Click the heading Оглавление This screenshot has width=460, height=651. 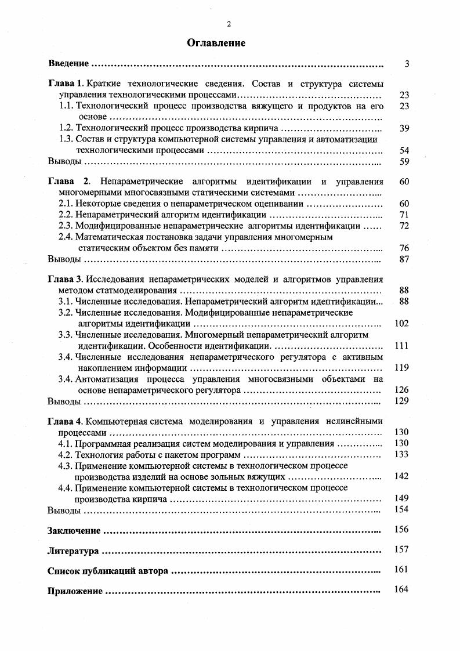(216, 43)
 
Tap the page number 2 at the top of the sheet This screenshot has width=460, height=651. (229, 23)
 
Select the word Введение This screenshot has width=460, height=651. (68, 63)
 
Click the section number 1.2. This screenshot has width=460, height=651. (67, 128)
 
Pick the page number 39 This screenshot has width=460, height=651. (404, 128)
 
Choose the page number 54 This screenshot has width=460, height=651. (404, 150)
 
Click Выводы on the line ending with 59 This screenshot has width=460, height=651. (64, 161)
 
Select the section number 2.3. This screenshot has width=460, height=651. (67, 226)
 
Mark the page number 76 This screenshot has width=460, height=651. (404, 248)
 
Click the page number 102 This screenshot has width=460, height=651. (401, 323)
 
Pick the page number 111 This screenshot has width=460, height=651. (401, 345)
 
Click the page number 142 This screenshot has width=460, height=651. (401, 476)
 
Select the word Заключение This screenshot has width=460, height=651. (74, 530)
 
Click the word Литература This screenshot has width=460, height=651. (73, 551)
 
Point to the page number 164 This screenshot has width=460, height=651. (401, 589)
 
